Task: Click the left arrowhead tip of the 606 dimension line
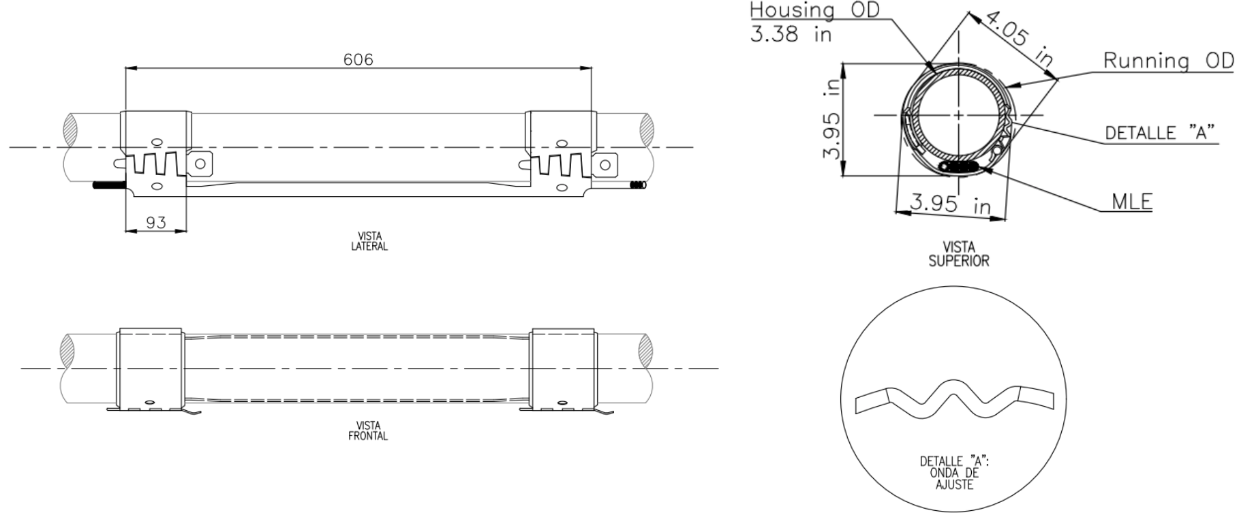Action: pyautogui.click(x=126, y=68)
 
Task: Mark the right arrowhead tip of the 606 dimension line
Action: pyautogui.click(x=591, y=68)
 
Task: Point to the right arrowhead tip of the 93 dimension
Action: pyautogui.click(x=187, y=231)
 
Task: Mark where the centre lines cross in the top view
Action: pyautogui.click(x=959, y=115)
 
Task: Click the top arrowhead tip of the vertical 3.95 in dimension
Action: pyautogui.click(x=844, y=63)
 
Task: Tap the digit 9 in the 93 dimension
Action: pyautogui.click(x=151, y=223)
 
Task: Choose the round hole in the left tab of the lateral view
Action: pyautogui.click(x=200, y=164)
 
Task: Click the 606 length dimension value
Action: pyautogui.click(x=358, y=60)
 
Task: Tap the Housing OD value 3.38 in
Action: pyautogui.click(x=791, y=34)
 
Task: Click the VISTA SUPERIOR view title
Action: pyautogui.click(x=959, y=253)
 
